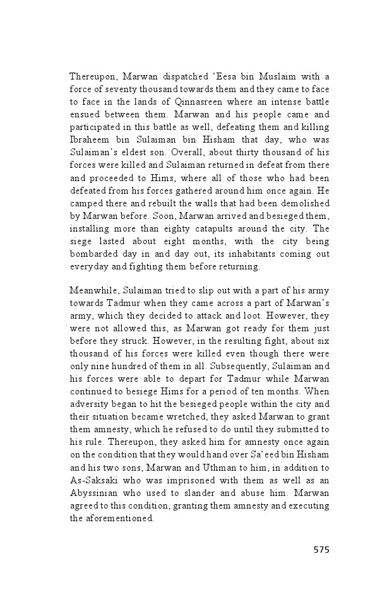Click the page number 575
pyautogui.click(x=321, y=550)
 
